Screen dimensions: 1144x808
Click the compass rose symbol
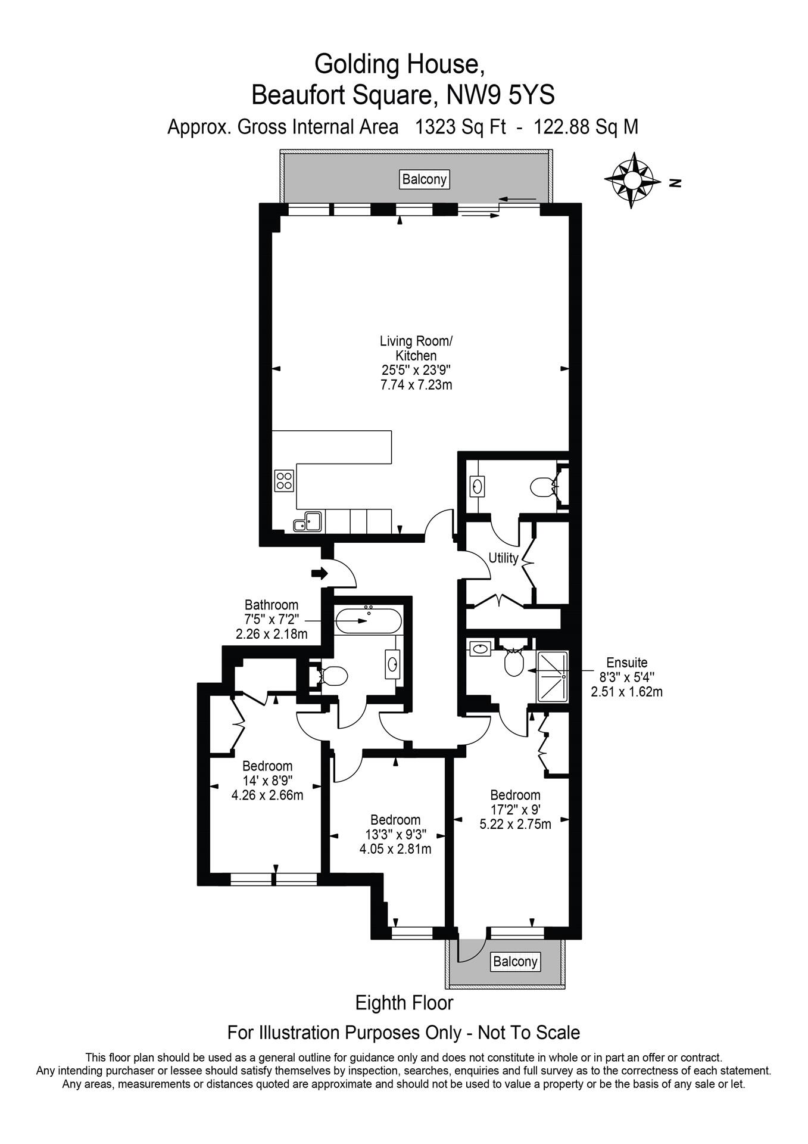click(x=632, y=181)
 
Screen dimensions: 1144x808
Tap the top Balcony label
click(x=424, y=179)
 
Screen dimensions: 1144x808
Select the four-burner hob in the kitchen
click(x=284, y=480)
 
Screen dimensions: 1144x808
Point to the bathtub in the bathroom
click(x=368, y=621)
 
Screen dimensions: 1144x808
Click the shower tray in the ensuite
click(x=553, y=676)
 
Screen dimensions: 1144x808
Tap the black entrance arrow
click(x=320, y=573)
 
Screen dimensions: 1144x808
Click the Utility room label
click(x=504, y=558)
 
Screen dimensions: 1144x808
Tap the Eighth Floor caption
click(x=404, y=1003)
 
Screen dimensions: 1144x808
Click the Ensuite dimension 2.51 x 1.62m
click(x=626, y=692)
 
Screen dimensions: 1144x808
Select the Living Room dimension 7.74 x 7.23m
click(x=416, y=384)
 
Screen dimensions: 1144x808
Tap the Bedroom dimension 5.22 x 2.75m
click(x=515, y=825)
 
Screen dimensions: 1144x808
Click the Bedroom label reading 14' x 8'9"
click(x=267, y=780)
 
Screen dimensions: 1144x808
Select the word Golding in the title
click(x=354, y=64)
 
